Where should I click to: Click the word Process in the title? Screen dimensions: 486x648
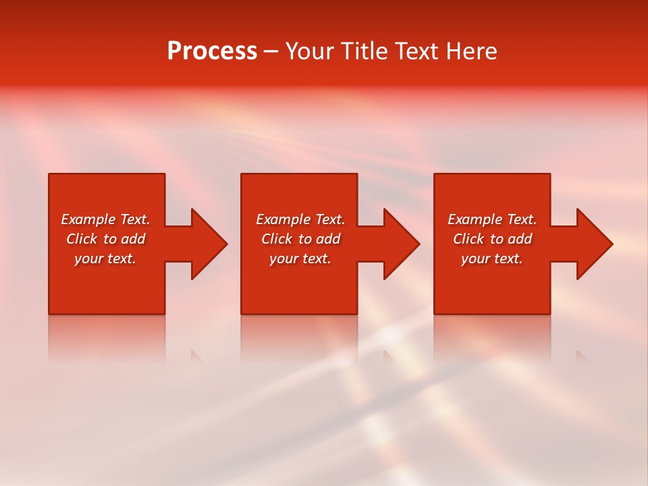212,51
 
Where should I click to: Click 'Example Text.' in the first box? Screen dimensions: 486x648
105,219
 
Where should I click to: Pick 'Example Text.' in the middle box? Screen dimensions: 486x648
300,219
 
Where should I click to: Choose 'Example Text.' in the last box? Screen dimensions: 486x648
492,219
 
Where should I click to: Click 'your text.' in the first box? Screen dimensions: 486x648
105,259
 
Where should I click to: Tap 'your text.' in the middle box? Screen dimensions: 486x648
300,259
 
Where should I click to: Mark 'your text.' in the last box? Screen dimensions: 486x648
492,259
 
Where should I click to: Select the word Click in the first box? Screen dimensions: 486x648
82,239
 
